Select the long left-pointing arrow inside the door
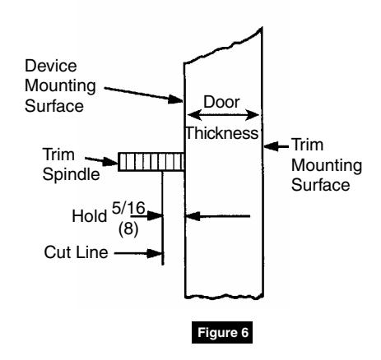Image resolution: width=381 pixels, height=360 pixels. coord(219,218)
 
